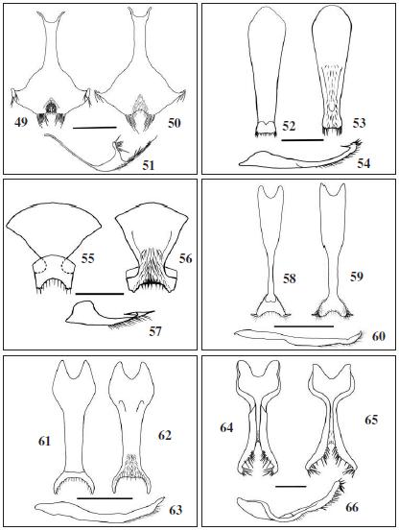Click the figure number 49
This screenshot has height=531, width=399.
tap(19, 123)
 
